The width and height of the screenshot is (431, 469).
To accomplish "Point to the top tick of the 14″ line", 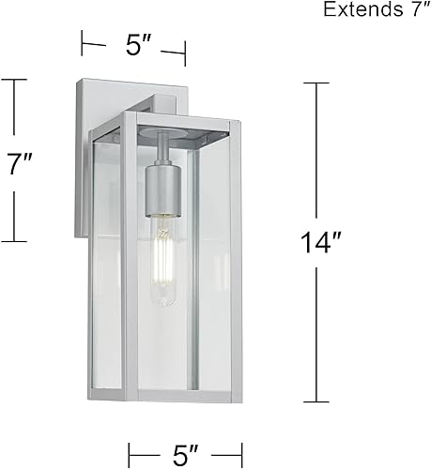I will coord(316,83).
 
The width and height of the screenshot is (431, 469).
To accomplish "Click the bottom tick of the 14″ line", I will coord(316,403).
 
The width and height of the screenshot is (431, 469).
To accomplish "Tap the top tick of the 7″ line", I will coord(13,81).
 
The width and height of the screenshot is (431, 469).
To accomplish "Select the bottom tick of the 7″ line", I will coord(13,242).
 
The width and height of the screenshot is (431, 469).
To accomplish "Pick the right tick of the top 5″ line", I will coord(185,53).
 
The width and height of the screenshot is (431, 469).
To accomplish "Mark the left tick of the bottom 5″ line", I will coord(129,451).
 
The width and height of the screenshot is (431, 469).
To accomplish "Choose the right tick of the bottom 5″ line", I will coord(243,451).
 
